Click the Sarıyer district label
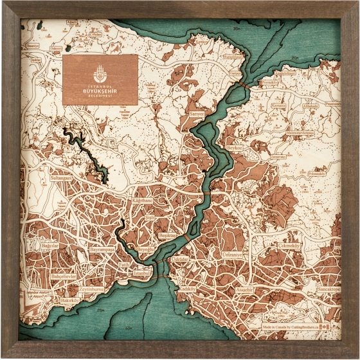click(x=196, y=113)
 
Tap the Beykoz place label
click(x=234, y=147)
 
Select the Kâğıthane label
click(x=142, y=201)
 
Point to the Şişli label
click(x=150, y=219)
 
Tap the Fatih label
click(x=124, y=264)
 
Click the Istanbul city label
click(x=141, y=273)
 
